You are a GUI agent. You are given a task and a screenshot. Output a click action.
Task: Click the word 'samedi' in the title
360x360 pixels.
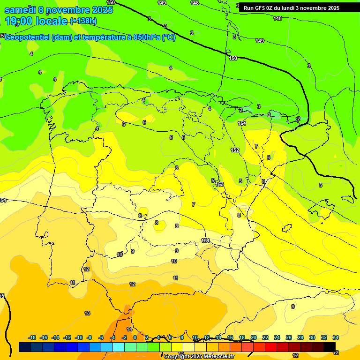[x=20, y=10]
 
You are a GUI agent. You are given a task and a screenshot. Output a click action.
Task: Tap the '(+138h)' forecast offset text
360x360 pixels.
[x=83, y=21]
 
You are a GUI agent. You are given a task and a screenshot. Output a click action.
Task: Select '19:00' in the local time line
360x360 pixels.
[x=19, y=21]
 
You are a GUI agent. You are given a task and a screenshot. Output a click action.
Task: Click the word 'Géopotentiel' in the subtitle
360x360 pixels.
[x=29, y=37]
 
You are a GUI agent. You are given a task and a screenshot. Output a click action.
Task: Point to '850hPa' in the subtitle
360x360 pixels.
[x=147, y=37]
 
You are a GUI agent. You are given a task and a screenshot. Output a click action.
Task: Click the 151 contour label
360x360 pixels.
[x=242, y=123]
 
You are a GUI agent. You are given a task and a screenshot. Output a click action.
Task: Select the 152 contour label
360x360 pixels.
[x=235, y=150]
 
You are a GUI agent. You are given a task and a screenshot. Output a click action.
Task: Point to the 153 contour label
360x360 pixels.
[x=219, y=185]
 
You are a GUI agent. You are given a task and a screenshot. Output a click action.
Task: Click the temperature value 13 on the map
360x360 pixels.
[x=87, y=313]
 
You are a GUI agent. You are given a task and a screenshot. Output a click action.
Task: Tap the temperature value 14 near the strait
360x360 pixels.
[x=129, y=329]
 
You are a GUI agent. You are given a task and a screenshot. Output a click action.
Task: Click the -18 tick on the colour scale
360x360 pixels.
[x=32, y=337]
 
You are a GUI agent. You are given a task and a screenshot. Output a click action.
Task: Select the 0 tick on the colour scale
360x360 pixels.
[x=135, y=337]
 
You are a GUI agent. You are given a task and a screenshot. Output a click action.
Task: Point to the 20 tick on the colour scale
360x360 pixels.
[x=254, y=337]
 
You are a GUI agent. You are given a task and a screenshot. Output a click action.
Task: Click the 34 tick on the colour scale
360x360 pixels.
[x=336, y=337]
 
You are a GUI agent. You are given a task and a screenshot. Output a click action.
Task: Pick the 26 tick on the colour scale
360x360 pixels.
[x=289, y=337]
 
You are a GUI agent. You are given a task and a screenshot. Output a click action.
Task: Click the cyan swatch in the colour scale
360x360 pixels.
[x=119, y=347]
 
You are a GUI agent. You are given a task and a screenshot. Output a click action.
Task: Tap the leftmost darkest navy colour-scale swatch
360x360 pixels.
[x=25, y=347]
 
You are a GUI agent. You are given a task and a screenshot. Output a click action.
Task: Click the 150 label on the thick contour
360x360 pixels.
[x=233, y=58]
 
